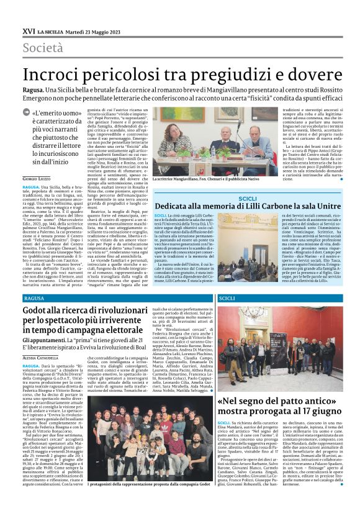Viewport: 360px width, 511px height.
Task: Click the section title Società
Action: tap(43, 47)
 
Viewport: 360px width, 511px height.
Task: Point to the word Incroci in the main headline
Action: tap(58, 74)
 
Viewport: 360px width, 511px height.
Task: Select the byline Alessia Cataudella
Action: tap(44, 358)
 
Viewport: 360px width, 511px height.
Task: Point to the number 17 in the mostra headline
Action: tap(312, 410)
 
